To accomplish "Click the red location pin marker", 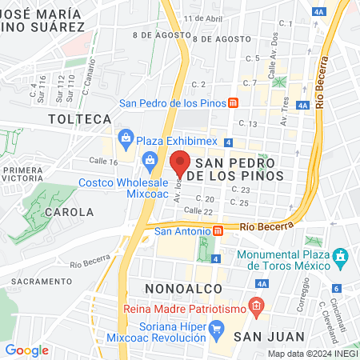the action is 180,163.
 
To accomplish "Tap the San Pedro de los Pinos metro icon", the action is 233,102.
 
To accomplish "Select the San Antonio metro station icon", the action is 218,231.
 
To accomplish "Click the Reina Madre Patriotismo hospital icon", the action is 255,306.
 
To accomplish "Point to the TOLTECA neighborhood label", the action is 79,118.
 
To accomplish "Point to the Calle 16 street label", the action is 103,161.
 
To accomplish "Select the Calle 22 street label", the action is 198,210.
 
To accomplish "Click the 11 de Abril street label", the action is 203,18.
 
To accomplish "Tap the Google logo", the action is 26,350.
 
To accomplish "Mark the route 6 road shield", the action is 337,288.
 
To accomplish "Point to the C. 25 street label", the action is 238,202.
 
